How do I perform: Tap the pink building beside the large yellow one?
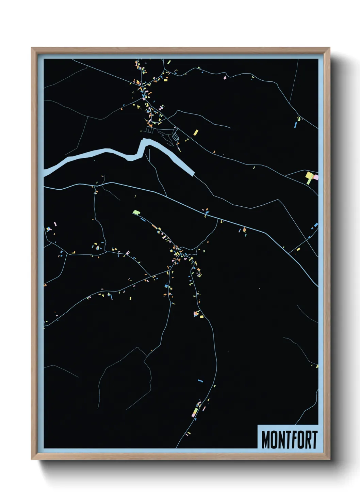pyautogui.click(x=315, y=177)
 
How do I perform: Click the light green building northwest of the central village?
pyautogui.click(x=136, y=212)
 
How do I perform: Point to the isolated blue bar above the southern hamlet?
pyautogui.click(x=200, y=380)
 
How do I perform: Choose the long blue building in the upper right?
pyautogui.click(x=296, y=125)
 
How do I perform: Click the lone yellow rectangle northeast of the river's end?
pyautogui.click(x=196, y=132)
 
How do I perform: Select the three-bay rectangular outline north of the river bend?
pyautogui.click(x=150, y=129)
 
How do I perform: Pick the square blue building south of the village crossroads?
pyautogui.click(x=166, y=286)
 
